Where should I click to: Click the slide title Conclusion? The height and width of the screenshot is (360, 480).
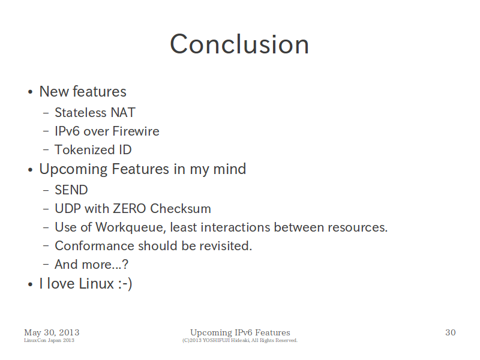tap(239, 44)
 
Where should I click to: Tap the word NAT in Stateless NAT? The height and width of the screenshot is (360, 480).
tap(123, 113)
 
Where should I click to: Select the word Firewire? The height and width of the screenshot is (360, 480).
tap(136, 131)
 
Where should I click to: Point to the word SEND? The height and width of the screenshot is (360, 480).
tap(71, 190)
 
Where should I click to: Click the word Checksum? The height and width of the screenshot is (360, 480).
tap(181, 208)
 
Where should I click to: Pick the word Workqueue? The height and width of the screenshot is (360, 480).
tap(130, 227)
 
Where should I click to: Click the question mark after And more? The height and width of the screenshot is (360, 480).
tap(125, 265)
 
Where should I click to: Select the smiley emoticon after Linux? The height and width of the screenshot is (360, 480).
tap(125, 283)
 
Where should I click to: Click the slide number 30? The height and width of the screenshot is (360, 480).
tap(451, 332)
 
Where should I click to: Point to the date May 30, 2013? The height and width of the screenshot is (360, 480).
tap(52, 332)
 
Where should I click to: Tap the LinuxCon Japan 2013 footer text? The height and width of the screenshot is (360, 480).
tap(49, 340)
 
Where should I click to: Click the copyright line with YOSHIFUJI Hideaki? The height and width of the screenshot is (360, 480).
tap(239, 340)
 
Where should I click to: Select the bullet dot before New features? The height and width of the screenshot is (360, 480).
tap(30, 92)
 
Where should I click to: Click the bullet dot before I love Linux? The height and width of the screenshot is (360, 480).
tap(30, 284)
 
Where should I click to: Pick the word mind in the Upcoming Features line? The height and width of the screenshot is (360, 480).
tap(229, 169)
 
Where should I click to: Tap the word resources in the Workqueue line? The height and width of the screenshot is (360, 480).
tap(358, 227)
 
